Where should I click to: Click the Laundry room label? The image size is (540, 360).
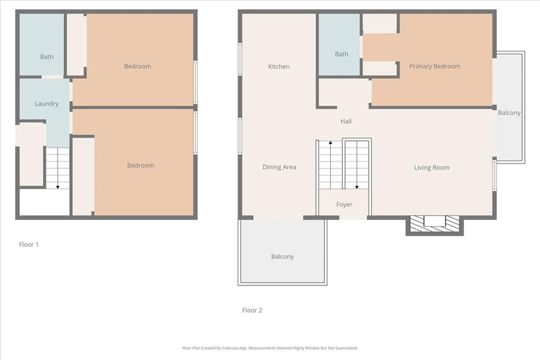(46, 104)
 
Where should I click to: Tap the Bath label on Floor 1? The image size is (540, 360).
(47, 57)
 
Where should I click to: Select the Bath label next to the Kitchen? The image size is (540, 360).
(342, 54)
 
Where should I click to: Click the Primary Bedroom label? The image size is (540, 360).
(435, 66)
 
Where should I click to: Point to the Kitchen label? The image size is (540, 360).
(278, 66)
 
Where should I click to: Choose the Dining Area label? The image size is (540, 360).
(279, 167)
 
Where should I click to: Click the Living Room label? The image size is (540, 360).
(431, 168)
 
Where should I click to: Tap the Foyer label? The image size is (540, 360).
(344, 205)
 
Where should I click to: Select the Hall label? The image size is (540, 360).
(346, 121)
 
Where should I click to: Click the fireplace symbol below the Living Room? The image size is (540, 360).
(435, 222)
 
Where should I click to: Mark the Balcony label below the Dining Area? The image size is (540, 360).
(282, 257)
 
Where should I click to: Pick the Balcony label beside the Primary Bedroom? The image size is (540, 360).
(509, 113)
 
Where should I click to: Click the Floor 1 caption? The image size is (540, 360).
(29, 245)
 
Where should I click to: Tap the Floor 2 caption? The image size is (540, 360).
(252, 310)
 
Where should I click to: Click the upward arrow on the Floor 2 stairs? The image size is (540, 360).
(331, 143)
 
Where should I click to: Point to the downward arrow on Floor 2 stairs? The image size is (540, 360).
(357, 186)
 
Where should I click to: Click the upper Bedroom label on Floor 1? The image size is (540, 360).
(137, 66)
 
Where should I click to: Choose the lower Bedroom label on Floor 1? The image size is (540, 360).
(141, 166)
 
